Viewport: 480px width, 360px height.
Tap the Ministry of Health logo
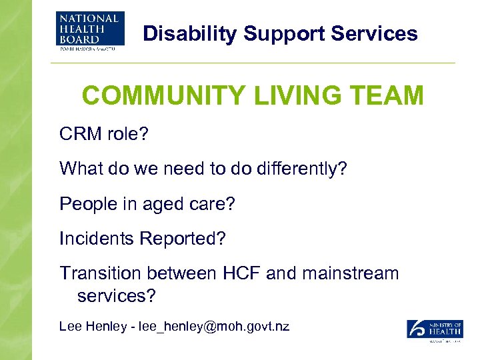[x=435, y=330]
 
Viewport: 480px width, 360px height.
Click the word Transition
[x=101, y=273]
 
